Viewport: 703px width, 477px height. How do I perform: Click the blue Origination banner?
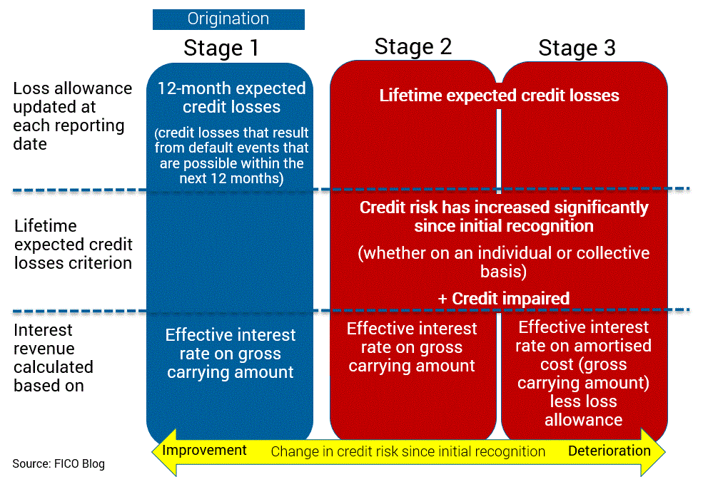coord(228,19)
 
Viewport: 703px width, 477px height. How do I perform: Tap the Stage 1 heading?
coord(221,48)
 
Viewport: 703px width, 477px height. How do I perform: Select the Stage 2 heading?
coord(413,46)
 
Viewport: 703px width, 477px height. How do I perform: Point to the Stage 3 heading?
coord(577,48)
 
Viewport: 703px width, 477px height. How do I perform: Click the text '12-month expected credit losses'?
coord(231,98)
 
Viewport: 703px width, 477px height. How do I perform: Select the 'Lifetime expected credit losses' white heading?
coord(499,96)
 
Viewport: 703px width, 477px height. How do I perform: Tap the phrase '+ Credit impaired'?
coord(503,298)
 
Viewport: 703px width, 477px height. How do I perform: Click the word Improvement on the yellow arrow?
coord(204,450)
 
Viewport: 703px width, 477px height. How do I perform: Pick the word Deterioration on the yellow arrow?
coord(610,451)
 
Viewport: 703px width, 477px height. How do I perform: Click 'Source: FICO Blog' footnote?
coord(59,464)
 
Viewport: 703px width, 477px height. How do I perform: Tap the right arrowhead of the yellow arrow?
coord(653,452)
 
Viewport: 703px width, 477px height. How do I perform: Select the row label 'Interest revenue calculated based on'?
coord(54,358)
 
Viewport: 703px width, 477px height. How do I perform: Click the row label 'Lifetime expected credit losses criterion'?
coord(73,245)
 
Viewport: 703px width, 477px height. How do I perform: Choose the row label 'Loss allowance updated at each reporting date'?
coord(73,116)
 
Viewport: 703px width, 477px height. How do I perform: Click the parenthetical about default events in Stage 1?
coord(231,155)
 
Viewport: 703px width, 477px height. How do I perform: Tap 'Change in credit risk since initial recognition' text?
coord(408,451)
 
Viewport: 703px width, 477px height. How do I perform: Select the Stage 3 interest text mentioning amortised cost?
coord(583,374)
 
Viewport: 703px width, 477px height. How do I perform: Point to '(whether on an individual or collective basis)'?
coord(503,262)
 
